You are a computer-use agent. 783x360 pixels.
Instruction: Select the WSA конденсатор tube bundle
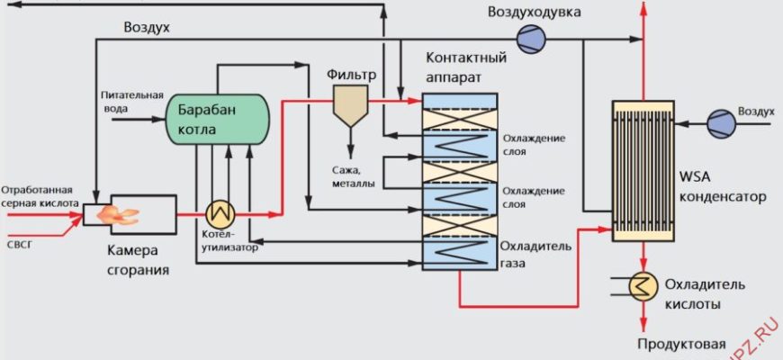click(x=643, y=170)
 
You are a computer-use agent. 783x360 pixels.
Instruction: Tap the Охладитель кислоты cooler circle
click(x=643, y=285)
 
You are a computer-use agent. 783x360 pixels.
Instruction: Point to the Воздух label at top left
click(x=148, y=28)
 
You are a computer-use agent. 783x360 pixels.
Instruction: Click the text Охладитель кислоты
click(x=705, y=294)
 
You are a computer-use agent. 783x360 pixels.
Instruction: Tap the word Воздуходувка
click(x=534, y=12)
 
